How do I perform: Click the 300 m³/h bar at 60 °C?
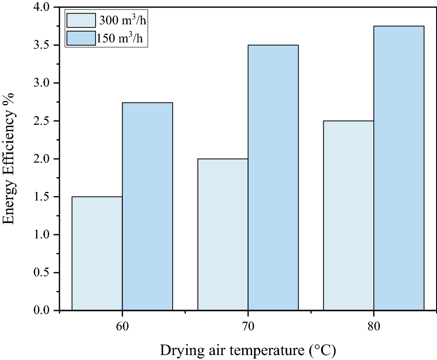pyautogui.click(x=97, y=253)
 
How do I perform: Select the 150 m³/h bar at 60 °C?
pyautogui.click(x=147, y=206)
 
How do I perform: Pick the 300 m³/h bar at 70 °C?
pyautogui.click(x=223, y=234)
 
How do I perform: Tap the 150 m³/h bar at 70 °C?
pyautogui.click(x=273, y=178)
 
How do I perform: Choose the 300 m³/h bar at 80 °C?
pyautogui.click(x=349, y=215)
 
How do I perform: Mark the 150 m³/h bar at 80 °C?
pyautogui.click(x=399, y=168)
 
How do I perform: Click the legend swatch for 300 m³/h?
pyautogui.click(x=81, y=20)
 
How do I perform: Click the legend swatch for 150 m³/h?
pyautogui.click(x=81, y=38)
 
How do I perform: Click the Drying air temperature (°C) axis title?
pyautogui.click(x=248, y=350)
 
